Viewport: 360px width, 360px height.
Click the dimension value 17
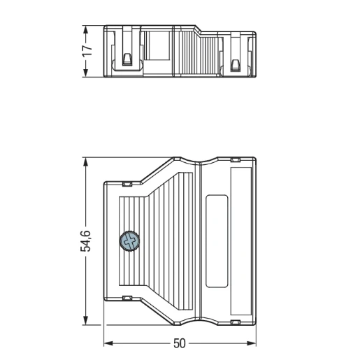click(87, 51)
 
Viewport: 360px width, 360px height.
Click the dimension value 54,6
click(85, 241)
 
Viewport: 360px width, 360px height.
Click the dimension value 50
click(180, 343)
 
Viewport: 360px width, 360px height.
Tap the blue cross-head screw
click(129, 241)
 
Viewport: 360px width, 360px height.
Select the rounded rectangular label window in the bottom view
click(217, 241)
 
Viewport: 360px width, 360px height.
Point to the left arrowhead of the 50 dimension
click(108, 343)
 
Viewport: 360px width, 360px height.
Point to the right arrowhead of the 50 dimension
click(252, 343)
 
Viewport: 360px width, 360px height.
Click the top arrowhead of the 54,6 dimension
click(86, 162)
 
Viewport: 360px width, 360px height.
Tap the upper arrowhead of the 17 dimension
click(86, 30)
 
